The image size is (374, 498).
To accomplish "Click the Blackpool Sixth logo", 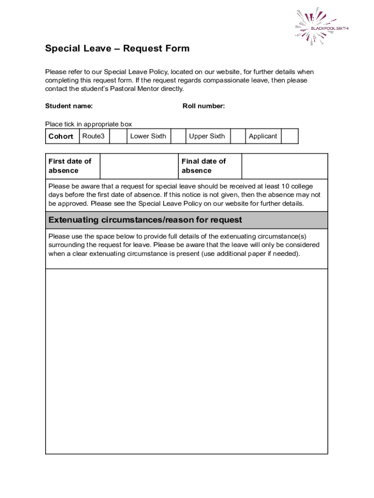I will tap(322, 27).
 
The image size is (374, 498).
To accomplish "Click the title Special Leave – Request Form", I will tap(117, 49).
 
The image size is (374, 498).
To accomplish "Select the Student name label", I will tap(69, 106).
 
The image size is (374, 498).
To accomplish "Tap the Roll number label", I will tap(204, 106).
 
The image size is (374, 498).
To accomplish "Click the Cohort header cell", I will tap(61, 137).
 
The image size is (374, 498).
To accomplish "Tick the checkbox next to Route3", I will tap(118, 137).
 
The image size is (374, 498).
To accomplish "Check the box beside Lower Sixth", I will tap(178, 137).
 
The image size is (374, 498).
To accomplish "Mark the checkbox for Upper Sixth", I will tap(238, 137).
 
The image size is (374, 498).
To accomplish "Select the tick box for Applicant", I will tap(290, 137).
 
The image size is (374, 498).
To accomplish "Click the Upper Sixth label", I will tap(207, 137).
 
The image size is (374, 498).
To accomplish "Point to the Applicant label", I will tap(263, 137).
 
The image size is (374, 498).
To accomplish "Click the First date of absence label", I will tap(70, 166).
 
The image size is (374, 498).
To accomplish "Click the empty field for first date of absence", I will tap(138, 166).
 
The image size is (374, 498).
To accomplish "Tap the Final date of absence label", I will tap(204, 166).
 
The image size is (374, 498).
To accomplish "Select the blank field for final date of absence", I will tap(284, 166).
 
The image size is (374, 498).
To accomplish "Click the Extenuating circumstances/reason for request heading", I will tap(145, 220).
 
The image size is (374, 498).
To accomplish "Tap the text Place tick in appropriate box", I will tap(88, 124).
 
